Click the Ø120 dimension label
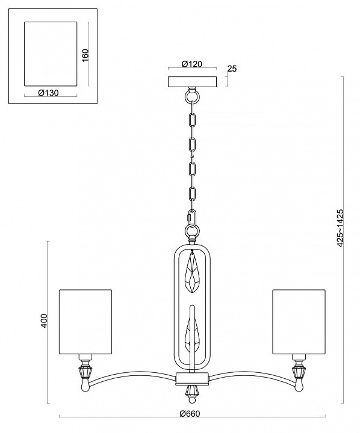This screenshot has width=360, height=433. click(192, 64)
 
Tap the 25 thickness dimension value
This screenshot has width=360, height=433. click(232, 69)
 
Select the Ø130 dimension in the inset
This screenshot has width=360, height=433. click(48, 93)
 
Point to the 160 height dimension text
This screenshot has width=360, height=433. click(85, 55)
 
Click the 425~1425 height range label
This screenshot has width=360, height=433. click(340, 228)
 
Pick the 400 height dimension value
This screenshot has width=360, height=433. click(44, 321)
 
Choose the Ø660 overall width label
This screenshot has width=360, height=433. click(190, 414)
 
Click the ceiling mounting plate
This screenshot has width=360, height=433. click(193, 82)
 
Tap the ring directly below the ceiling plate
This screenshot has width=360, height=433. click(192, 97)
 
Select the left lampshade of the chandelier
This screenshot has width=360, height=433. click(85, 322)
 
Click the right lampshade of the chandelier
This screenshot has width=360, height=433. click(299, 322)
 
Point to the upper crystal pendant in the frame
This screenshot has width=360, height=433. click(192, 272)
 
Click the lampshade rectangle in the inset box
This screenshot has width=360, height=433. click(51, 54)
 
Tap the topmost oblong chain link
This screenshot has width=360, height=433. click(192, 119)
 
